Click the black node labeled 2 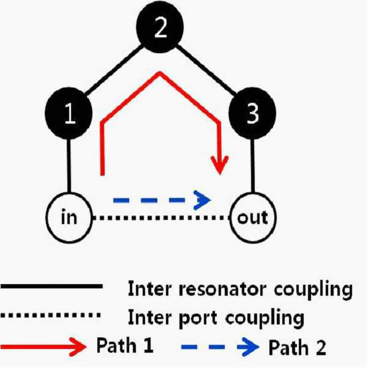click(160, 27)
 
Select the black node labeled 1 click(69, 113)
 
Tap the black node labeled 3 click(252, 113)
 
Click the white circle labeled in click(69, 217)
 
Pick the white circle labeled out click(253, 217)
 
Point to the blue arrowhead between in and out click(202, 200)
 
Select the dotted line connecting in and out click(161, 218)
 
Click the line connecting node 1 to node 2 click(114, 70)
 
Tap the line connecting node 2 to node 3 click(206, 70)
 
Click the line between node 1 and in click(69, 166)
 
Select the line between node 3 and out click(252, 166)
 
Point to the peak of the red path click(160, 73)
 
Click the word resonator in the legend click(222, 289)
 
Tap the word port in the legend click(198, 318)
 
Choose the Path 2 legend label click(297, 347)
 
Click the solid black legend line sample click(51, 286)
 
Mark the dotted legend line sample click(51, 315)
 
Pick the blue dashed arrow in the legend click(220, 347)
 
